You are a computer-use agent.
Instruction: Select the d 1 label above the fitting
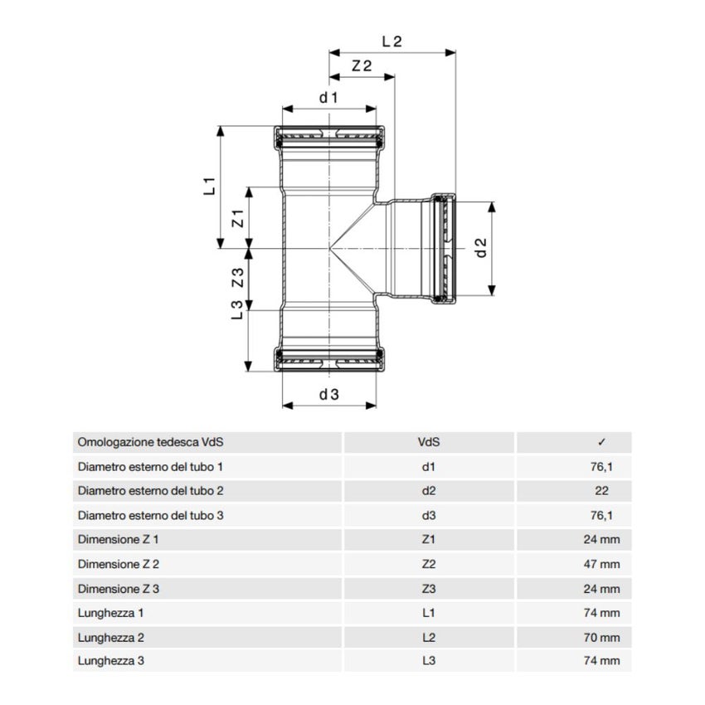coord(329,98)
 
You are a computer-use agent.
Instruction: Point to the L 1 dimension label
coord(209,186)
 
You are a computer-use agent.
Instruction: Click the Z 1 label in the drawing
coord(236,219)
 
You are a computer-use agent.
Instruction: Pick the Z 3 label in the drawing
coord(236,279)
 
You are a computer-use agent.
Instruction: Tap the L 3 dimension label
coord(236,310)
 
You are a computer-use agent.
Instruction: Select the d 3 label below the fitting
coord(329,395)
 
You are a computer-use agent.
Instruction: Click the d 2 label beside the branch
coord(480,247)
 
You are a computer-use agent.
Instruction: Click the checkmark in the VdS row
coord(601,443)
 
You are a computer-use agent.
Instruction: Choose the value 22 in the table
coord(601,491)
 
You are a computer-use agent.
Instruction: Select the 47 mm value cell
coord(601,564)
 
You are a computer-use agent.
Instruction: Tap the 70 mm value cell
coord(601,638)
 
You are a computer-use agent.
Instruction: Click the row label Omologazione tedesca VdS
coord(149,443)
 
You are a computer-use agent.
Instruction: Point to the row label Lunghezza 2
coord(109,638)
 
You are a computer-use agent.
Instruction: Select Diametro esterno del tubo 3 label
coord(150,515)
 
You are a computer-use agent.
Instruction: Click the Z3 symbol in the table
coord(428,589)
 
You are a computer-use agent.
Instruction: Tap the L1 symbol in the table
coord(428,614)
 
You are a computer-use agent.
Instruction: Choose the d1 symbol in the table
coord(428,467)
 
